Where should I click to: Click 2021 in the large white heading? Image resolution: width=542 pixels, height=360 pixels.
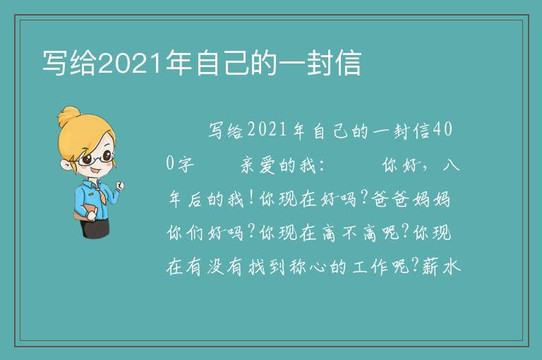(129, 63)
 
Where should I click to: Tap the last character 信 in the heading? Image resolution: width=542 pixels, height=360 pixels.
(349, 63)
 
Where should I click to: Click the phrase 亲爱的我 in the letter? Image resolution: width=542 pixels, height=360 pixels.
(278, 164)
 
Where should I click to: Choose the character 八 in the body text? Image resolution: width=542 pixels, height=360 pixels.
(451, 164)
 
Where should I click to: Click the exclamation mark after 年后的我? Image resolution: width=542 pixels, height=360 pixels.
(251, 198)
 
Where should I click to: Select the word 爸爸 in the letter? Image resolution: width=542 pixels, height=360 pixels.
(390, 199)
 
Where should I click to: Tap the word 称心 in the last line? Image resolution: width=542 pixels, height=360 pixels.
(308, 267)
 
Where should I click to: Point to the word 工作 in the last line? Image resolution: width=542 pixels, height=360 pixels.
(370, 267)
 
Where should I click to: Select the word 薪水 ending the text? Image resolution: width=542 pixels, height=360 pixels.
(441, 267)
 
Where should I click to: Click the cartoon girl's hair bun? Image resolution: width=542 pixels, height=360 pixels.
(68, 116)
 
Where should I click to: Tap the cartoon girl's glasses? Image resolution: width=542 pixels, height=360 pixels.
(97, 159)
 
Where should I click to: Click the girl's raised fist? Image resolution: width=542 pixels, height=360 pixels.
(119, 186)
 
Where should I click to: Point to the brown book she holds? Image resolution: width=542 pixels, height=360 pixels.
(85, 212)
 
